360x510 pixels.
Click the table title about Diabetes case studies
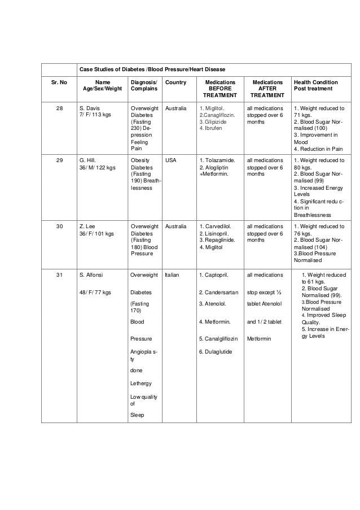coord(152,69)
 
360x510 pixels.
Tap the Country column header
coord(174,82)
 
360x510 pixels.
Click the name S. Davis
coord(89,108)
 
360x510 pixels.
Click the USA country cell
coord(170,160)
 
